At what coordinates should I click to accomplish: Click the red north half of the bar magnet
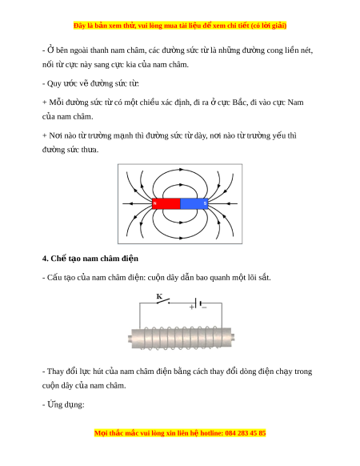tap(166, 203)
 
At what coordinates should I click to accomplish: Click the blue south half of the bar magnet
tap(194, 203)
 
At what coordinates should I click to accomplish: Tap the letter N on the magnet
tap(154, 203)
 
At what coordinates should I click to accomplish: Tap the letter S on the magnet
tap(205, 203)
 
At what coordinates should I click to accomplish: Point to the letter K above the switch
tap(159, 296)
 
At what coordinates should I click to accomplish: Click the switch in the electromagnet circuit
tap(163, 301)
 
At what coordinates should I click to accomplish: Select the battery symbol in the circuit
tap(198, 303)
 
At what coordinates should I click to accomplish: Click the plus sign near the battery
tap(192, 307)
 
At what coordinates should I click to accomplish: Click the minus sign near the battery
tap(204, 307)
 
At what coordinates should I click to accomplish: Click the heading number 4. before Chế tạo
tap(45, 259)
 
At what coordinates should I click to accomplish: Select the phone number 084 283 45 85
tap(246, 432)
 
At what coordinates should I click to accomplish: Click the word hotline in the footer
tap(211, 432)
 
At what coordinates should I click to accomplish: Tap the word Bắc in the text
tap(239, 102)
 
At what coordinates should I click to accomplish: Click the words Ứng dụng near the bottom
tap(66, 404)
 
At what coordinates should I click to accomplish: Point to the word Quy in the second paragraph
tap(54, 83)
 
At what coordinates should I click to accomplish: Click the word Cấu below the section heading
tap(54, 277)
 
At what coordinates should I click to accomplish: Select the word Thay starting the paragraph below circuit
tap(55, 372)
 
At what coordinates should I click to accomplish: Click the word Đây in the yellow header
tap(79, 26)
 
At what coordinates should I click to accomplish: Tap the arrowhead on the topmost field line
tap(181, 170)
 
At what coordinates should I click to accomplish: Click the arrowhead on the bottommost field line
tap(181, 238)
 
